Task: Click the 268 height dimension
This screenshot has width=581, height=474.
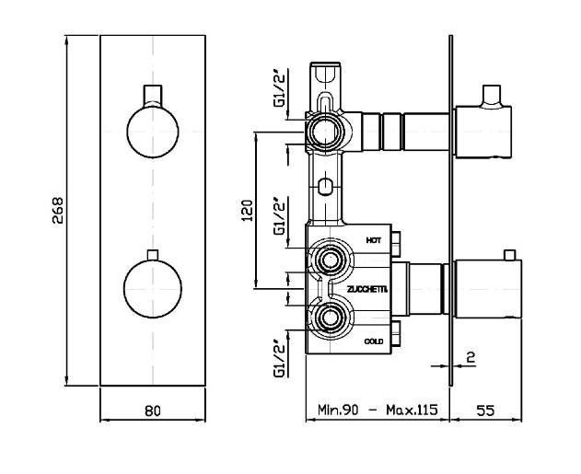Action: (x=58, y=211)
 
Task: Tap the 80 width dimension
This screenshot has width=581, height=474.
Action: (x=153, y=410)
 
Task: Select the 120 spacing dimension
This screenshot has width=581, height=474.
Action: (x=247, y=211)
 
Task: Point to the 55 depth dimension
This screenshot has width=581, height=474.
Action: (x=485, y=410)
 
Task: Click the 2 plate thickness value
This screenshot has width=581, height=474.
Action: (x=471, y=357)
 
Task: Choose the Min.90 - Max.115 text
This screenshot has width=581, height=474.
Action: (x=378, y=410)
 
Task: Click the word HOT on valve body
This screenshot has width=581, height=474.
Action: (x=374, y=240)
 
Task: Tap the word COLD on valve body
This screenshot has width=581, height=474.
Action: (x=374, y=341)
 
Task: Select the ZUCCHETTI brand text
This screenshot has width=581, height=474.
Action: (x=367, y=290)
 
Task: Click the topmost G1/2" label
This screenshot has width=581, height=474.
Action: (x=280, y=88)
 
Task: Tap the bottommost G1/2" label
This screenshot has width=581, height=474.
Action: (x=280, y=358)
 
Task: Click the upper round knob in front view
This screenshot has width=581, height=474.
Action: (x=153, y=132)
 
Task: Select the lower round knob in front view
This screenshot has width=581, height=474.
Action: (x=153, y=288)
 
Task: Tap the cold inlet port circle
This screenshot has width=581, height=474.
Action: (x=329, y=318)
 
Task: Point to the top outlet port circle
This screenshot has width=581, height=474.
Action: (x=325, y=132)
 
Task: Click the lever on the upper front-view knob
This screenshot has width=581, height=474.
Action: (x=153, y=96)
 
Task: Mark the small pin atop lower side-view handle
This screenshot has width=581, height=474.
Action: (x=510, y=255)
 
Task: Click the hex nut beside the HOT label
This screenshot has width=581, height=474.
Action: (x=396, y=244)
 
